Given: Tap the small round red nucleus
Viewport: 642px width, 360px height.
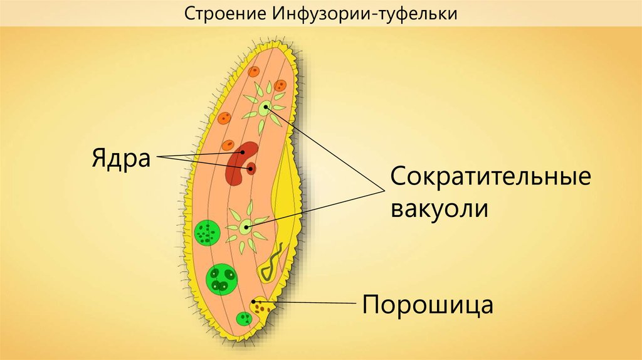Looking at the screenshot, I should (251, 168).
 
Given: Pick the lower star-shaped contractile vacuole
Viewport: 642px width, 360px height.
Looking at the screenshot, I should (245, 227).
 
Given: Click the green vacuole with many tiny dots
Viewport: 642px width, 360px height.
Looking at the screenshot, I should (206, 232).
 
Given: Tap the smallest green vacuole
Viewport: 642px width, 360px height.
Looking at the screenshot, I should (244, 319).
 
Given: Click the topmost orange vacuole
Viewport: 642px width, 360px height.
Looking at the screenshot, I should (254, 71).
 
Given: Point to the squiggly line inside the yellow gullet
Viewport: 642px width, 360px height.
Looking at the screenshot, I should (271, 263).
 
